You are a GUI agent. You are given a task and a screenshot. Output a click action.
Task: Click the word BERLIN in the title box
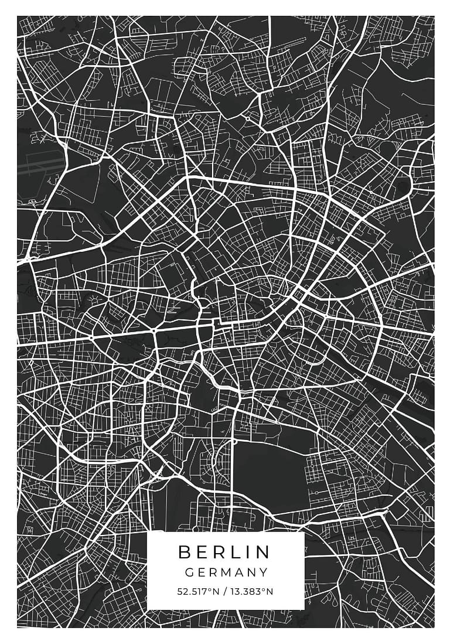tap(225, 552)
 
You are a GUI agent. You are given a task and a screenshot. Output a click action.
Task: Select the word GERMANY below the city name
tap(226, 572)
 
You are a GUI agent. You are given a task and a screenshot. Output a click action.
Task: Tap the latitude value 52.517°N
tap(198, 592)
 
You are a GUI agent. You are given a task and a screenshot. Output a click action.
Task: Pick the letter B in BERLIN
tap(184, 552)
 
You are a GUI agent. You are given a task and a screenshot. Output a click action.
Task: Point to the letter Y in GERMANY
tap(264, 572)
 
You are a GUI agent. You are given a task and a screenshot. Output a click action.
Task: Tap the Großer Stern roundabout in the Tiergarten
tap(155, 332)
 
